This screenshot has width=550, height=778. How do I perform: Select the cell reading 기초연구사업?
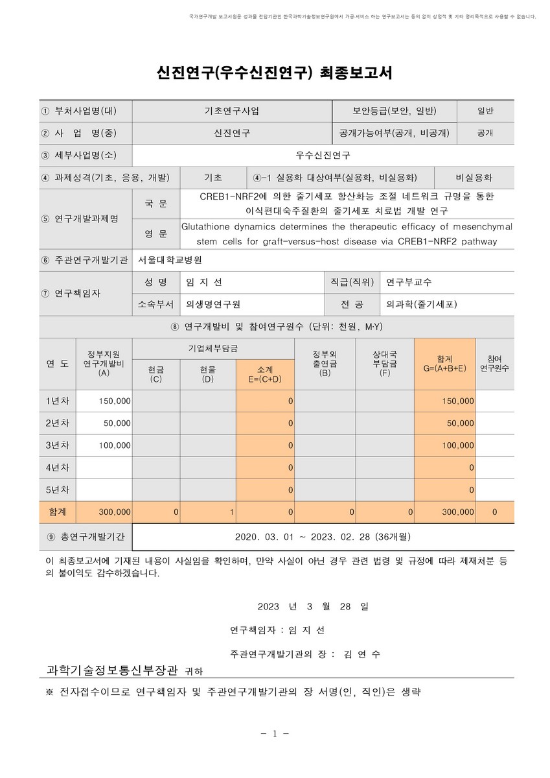[231, 111]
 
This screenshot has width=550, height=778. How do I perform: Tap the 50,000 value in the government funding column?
[117, 423]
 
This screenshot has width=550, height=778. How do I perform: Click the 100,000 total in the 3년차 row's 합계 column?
[458, 445]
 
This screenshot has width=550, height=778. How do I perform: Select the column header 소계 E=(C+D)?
[264, 373]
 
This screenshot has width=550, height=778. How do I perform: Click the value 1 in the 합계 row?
[231, 512]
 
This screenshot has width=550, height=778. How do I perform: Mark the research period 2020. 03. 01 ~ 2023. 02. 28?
[323, 537]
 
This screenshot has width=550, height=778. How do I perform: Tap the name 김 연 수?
[362, 654]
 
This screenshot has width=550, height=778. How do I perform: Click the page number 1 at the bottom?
[275, 734]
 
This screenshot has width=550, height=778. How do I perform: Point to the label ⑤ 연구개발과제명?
[80, 218]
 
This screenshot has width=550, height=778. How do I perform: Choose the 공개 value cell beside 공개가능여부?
[485, 133]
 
